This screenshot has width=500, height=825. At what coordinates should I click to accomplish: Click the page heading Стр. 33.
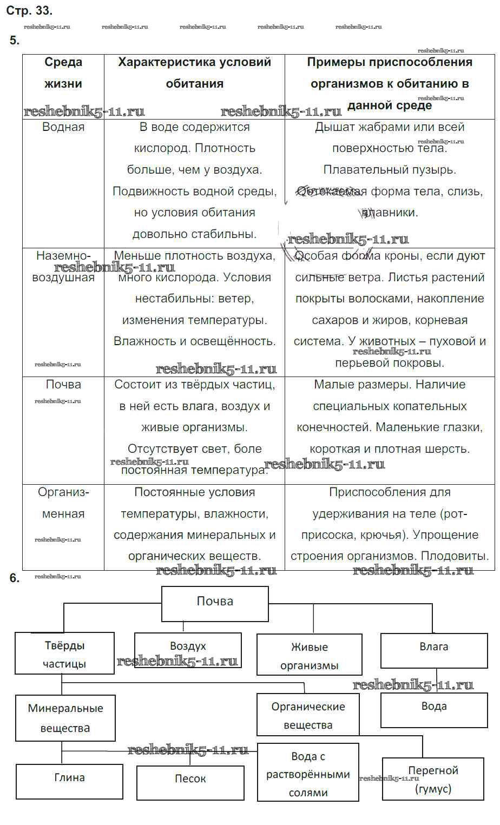pyautogui.click(x=29, y=10)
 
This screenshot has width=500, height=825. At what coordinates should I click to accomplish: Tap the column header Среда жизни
pyautogui.click(x=63, y=73)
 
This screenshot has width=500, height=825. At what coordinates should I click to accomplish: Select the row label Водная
pyautogui.click(x=63, y=127)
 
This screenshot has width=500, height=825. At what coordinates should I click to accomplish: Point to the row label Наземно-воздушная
pyautogui.click(x=63, y=266)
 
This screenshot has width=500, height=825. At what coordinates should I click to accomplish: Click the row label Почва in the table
pyautogui.click(x=63, y=385)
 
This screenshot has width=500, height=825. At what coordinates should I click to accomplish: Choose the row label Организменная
pyautogui.click(x=63, y=503)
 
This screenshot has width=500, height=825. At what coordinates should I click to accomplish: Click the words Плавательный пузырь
pyautogui.click(x=390, y=170)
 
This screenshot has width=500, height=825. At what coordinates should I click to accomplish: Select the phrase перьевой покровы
pyautogui.click(x=390, y=363)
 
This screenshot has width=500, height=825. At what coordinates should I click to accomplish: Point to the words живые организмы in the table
pyautogui.click(x=194, y=427)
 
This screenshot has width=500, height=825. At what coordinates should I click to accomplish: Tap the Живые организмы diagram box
pyautogui.click(x=309, y=655)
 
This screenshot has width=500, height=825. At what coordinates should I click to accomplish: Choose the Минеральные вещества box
pyautogui.click(x=65, y=718)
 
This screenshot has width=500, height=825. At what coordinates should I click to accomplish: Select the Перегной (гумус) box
pyautogui.click(x=433, y=779)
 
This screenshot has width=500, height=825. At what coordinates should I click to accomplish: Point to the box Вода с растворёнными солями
pyautogui.click(x=308, y=774)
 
